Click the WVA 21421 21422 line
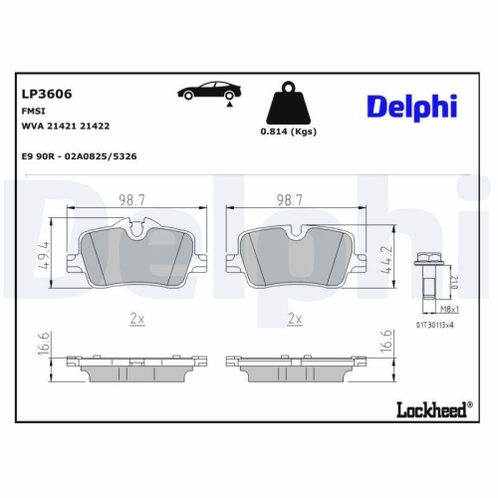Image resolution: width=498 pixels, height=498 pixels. (x=66, y=127)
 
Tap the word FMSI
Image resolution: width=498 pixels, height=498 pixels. (x=34, y=112)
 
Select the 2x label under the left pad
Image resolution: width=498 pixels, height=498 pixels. (x=137, y=319)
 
